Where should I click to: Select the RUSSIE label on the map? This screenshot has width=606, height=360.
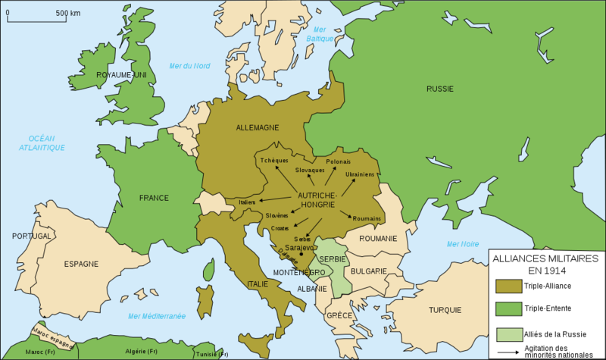point(439,89)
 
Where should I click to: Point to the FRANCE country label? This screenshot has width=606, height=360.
point(153,198)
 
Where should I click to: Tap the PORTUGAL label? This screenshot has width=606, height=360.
point(31,236)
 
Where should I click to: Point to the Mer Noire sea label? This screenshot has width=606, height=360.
point(464,244)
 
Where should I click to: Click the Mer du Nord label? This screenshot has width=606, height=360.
point(190,65)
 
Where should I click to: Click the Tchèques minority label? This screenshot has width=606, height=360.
point(273,160)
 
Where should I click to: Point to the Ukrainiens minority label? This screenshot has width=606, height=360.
point(360,174)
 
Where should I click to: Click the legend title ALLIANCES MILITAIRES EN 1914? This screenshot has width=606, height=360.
point(545,265)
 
